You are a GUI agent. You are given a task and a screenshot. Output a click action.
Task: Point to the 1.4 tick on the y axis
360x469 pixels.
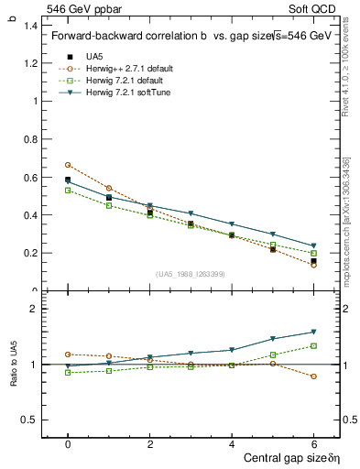pos(30,26)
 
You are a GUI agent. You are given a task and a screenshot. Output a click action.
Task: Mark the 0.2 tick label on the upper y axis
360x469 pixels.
pos(30,253)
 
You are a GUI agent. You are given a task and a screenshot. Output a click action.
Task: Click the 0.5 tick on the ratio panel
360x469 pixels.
pos(30,420)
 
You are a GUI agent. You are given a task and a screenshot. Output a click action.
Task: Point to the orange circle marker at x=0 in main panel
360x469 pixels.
pos(68,165)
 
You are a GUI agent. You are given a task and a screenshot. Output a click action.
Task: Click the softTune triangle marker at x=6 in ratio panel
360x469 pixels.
pos(313,332)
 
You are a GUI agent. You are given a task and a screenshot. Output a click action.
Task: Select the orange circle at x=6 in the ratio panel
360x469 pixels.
pos(313,376)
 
